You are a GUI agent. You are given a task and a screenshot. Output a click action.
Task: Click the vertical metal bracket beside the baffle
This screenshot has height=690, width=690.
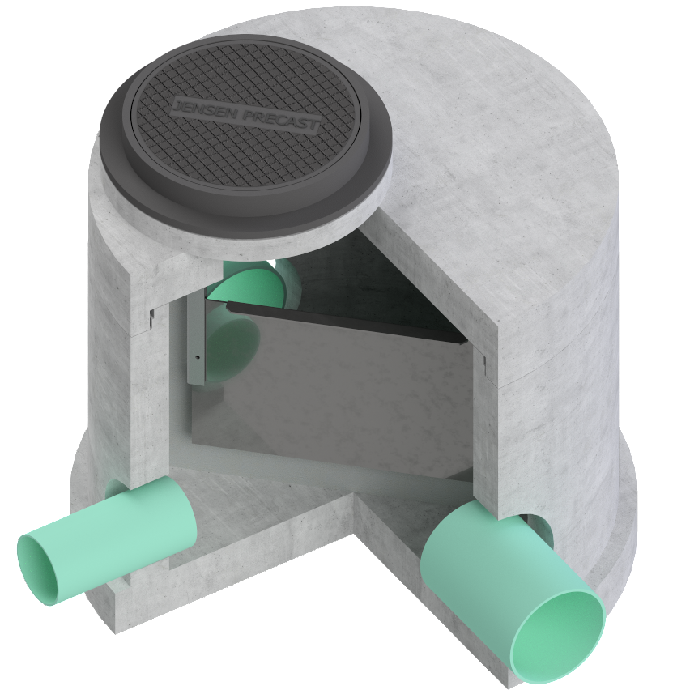click(195, 340)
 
